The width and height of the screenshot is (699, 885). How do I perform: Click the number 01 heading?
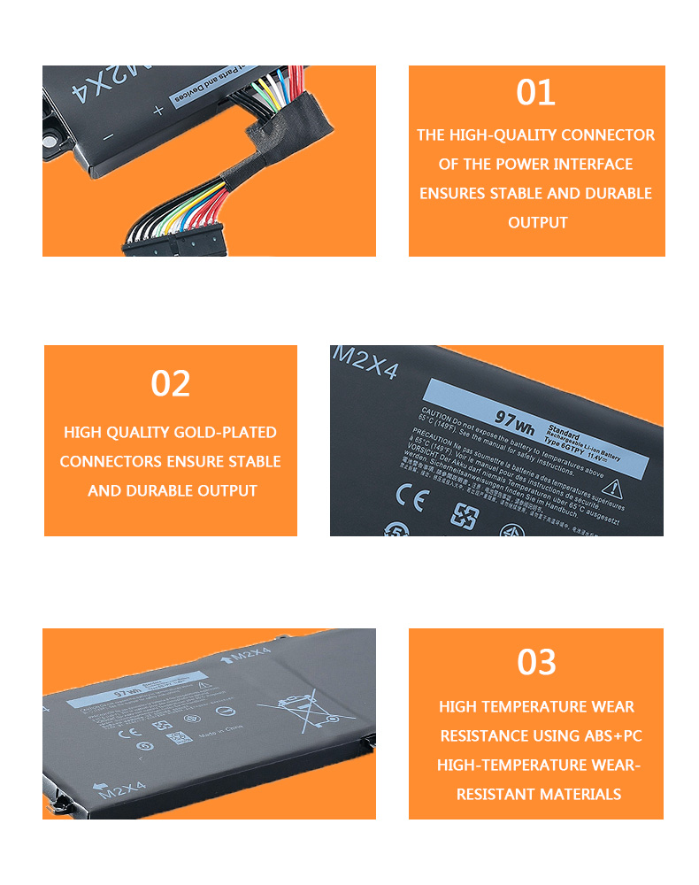(536, 93)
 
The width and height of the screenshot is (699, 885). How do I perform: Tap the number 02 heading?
(170, 384)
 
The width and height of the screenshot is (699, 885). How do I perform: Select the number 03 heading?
(536, 662)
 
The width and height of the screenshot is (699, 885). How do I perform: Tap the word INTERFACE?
(594, 165)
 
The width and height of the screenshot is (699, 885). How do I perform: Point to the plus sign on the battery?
(158, 111)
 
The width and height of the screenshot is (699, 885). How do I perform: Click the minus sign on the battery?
(109, 136)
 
